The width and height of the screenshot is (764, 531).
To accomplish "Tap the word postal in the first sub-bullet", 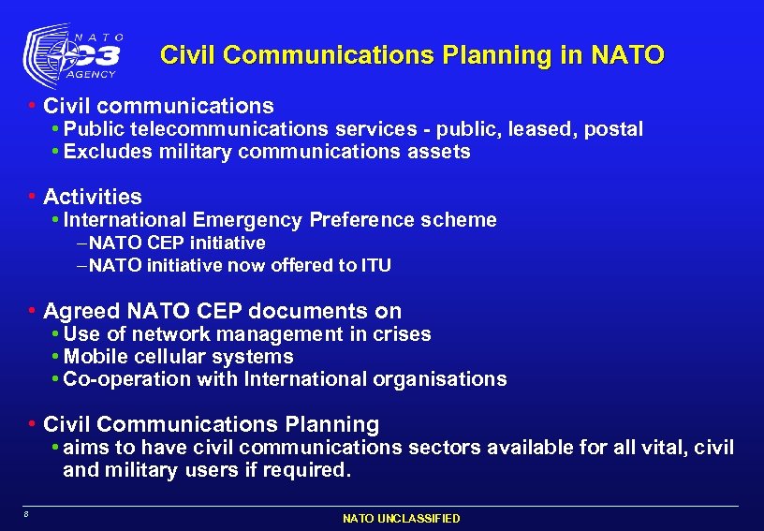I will pyautogui.click(x=613, y=129).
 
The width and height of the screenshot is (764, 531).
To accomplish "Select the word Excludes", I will pyautogui.click(x=104, y=152).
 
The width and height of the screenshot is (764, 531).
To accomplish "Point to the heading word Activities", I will pyautogui.click(x=93, y=197).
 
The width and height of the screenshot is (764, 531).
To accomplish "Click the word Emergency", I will pyautogui.click(x=247, y=220).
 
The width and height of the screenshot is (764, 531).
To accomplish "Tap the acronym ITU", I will pyautogui.click(x=376, y=266).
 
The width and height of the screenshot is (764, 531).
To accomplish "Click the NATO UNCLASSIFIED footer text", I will pyautogui.click(x=401, y=518).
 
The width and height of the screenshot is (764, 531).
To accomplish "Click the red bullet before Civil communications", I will pyautogui.click(x=33, y=106).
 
